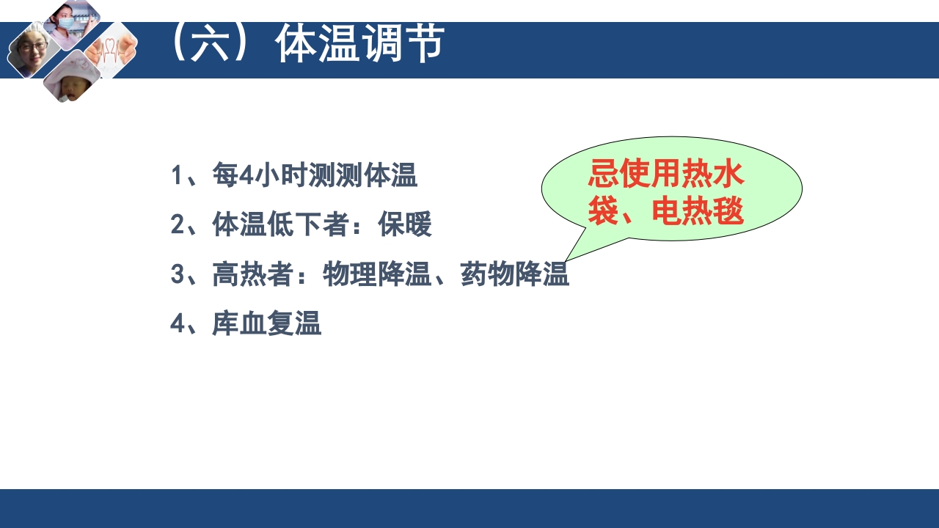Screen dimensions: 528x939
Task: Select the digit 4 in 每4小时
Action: pos(246,176)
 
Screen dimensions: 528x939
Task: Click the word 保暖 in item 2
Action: pos(405,225)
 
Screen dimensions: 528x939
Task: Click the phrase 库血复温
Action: pos(267,323)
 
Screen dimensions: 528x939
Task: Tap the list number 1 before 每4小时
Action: pos(177,176)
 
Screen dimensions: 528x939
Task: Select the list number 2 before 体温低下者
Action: pos(177,225)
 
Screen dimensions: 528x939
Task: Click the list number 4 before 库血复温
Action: pos(177,323)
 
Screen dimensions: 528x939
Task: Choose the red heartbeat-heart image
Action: pos(112,50)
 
